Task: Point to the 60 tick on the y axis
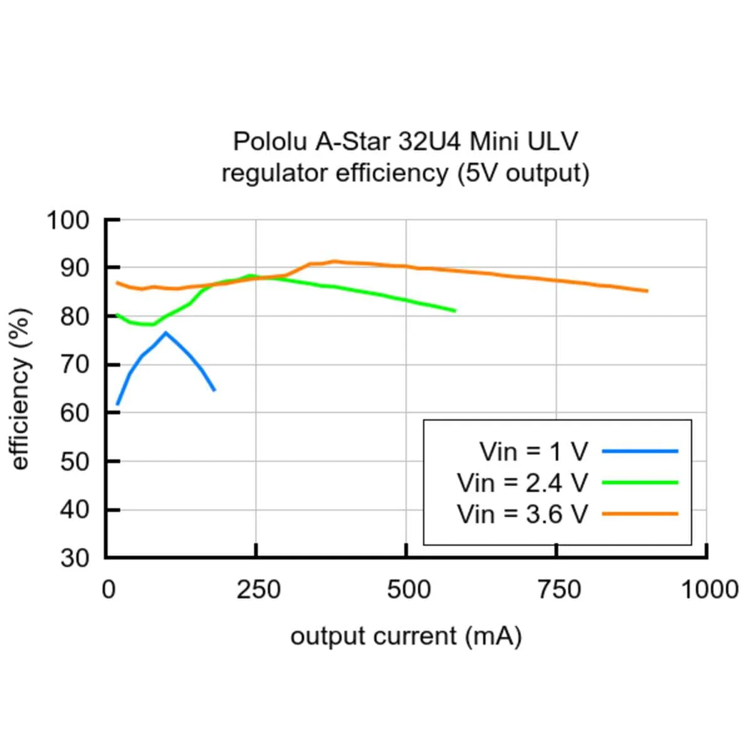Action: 75,413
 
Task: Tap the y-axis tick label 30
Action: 75,558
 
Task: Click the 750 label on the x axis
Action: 558,590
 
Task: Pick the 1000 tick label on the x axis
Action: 709,590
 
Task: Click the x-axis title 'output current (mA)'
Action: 406,636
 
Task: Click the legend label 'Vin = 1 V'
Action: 534,451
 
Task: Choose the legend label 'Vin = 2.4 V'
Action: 523,483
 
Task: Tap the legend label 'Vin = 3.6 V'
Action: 523,514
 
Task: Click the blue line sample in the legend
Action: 640,451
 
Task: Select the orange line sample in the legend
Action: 640,514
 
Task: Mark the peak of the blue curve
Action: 165,332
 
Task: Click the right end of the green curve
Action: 455,310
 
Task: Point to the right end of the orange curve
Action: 647,291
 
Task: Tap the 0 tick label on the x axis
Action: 109,590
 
